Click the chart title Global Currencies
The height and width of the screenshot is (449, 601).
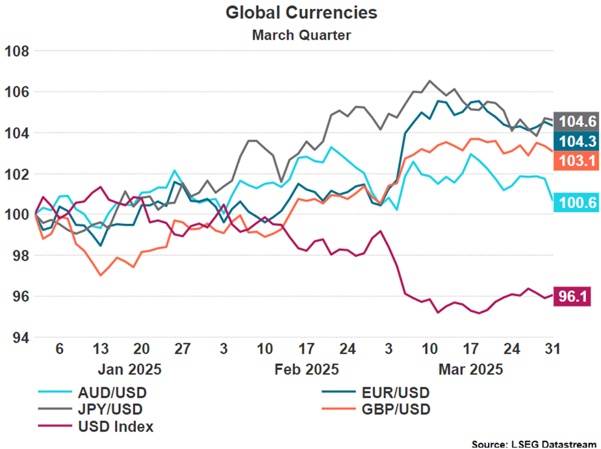click(301, 12)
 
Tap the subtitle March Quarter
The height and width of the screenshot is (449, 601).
click(301, 34)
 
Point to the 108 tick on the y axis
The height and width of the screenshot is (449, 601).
click(17, 51)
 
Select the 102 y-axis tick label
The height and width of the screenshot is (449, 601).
click(17, 174)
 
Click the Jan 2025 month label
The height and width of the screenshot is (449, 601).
click(129, 370)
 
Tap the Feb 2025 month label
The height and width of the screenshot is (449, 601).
click(307, 370)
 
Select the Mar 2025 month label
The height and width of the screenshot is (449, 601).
click(471, 370)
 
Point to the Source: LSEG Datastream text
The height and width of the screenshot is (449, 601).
click(533, 444)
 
